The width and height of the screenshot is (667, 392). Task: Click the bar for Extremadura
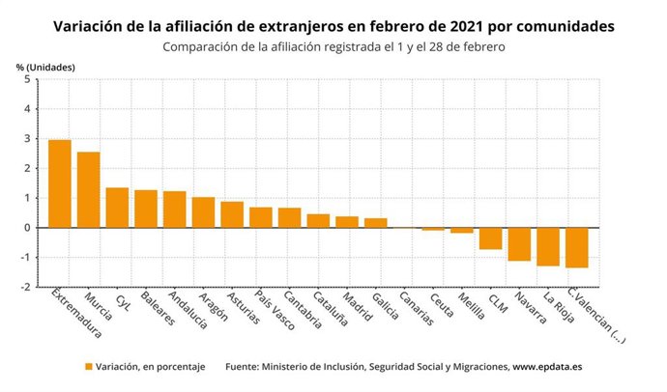pos(60,183)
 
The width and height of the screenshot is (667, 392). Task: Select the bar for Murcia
pos(89,189)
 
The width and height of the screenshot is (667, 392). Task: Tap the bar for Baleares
pos(146,209)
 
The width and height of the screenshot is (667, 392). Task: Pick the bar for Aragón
pos(203,212)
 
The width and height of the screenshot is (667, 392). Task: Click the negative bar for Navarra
pos(520,244)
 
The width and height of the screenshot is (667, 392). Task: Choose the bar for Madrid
pos(347,222)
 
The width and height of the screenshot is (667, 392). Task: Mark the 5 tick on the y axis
pos(29,79)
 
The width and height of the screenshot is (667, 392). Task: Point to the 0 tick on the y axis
pos(29,228)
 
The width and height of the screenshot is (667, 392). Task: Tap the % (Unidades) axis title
pos(44,67)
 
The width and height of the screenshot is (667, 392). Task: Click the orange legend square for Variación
pos(89,368)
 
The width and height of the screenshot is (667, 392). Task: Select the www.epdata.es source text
pos(547,368)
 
